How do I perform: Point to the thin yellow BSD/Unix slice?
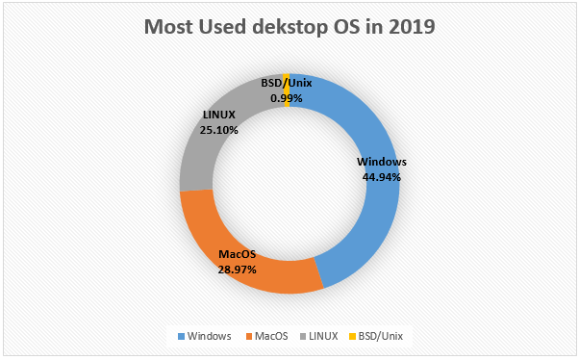[x=288, y=90]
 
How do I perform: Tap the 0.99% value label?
[x=287, y=98]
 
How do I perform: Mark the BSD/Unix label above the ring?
[x=286, y=84]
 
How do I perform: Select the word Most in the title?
[x=169, y=27]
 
